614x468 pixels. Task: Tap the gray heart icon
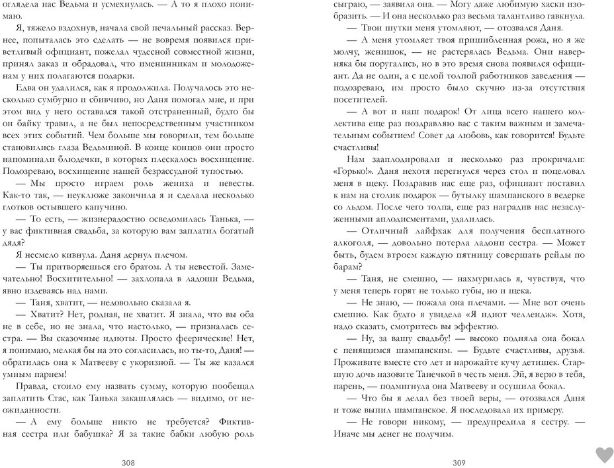604,454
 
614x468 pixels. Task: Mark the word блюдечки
73,158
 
